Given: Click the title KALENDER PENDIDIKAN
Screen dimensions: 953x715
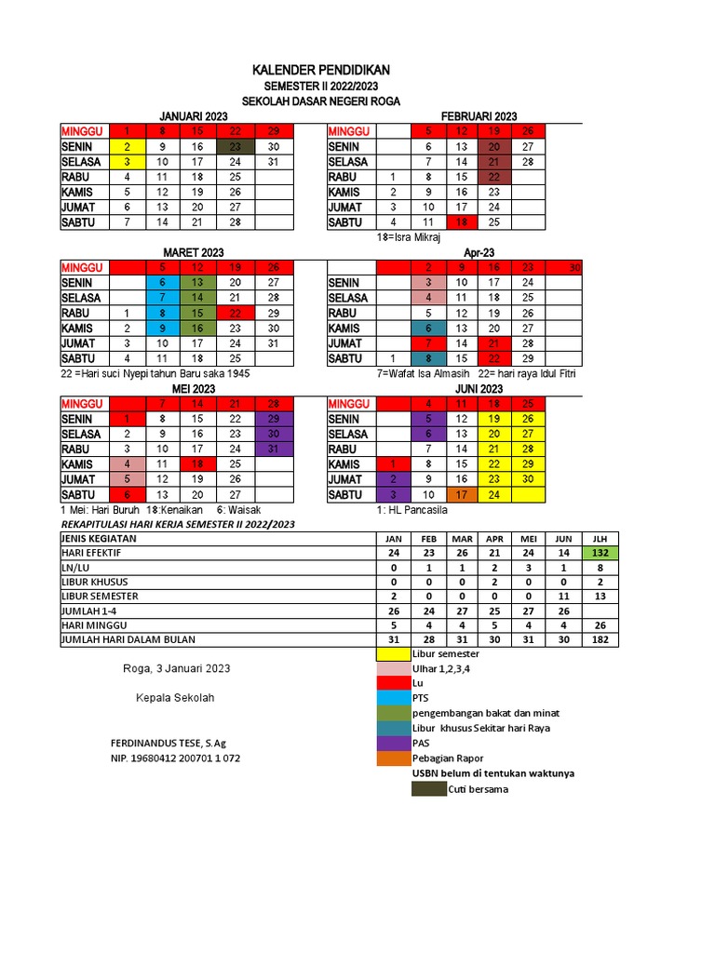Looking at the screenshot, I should click(321, 70).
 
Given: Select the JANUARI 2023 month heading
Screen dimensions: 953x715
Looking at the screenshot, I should click(194, 114).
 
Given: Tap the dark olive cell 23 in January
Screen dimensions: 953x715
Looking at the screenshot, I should click(236, 146).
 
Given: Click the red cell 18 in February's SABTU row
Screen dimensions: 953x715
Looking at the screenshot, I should click(461, 222).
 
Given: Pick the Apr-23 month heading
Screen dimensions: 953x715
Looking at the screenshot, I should click(476, 252).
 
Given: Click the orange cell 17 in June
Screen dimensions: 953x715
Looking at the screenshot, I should click(461, 495).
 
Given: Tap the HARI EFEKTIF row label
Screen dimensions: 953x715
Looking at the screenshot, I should click(90, 553).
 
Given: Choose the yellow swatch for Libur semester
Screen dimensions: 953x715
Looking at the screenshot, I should click(392, 654).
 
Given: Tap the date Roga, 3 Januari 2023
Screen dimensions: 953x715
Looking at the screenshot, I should click(176, 668).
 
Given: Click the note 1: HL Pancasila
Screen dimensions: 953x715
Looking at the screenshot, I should click(412, 510).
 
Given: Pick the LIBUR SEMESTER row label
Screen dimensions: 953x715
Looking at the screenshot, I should click(100, 596).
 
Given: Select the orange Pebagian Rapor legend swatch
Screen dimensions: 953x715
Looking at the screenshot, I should click(392, 758).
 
